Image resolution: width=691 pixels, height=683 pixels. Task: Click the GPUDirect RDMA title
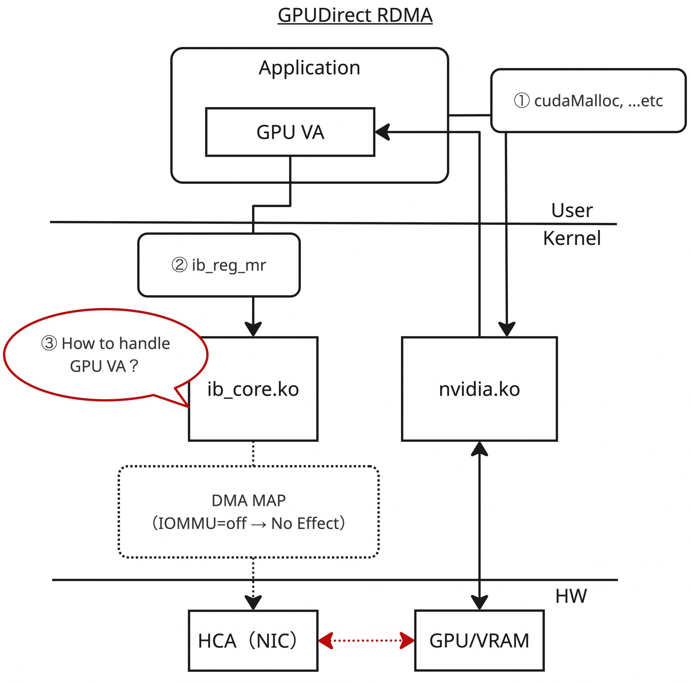pos(355,15)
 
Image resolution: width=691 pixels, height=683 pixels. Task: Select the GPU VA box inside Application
pos(290,132)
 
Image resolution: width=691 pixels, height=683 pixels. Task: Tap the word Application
pos(309,68)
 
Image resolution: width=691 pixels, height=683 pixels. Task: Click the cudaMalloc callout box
pos(588,101)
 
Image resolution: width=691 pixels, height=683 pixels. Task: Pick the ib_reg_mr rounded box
pos(219,265)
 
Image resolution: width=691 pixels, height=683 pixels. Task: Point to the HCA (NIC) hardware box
pos(253,641)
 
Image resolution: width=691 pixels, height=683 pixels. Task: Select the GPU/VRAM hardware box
pos(479,641)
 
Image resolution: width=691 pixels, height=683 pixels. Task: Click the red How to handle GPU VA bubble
pos(105,355)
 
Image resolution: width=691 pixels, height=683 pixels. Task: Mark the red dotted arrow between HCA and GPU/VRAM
pos(366,641)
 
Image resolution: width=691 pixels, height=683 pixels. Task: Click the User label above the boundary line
pos(572,210)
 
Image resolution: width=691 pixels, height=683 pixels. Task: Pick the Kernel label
pos(572,238)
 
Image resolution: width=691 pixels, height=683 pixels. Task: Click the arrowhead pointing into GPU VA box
pos(383,132)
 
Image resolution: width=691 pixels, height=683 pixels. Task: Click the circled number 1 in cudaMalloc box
pos(521,101)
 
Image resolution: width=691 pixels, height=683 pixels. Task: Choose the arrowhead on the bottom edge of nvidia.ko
pos(479,449)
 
